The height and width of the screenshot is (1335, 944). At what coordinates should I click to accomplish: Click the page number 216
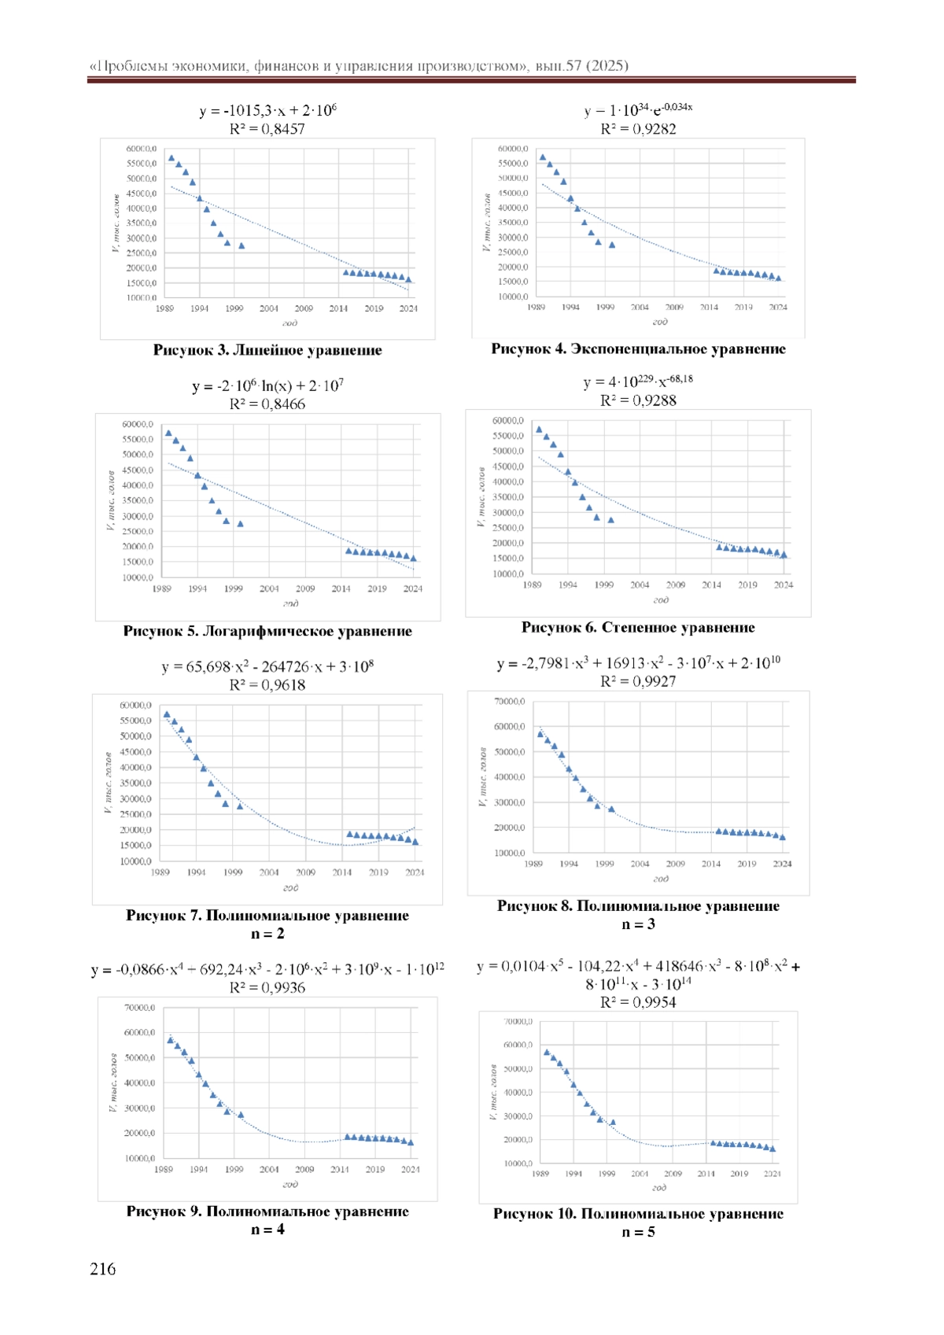click(103, 1268)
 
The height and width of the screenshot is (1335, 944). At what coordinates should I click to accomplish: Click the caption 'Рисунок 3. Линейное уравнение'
click(267, 350)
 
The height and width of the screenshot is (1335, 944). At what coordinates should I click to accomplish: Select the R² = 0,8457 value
click(267, 129)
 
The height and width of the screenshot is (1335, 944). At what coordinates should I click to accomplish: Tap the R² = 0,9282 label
click(638, 129)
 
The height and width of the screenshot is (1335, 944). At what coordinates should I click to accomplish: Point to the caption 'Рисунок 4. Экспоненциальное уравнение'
click(638, 349)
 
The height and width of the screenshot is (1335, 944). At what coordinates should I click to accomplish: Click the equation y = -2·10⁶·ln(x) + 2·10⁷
click(267, 386)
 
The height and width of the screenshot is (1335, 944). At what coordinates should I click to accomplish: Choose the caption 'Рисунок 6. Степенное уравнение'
click(638, 627)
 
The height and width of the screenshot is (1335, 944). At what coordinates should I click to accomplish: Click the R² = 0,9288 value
click(638, 400)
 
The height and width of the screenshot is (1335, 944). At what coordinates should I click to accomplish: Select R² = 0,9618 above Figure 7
click(267, 684)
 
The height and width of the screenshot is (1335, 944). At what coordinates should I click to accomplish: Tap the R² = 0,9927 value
click(638, 681)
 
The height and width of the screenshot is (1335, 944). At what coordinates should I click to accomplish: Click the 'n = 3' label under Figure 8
click(638, 924)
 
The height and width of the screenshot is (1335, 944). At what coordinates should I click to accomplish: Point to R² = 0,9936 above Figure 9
click(267, 987)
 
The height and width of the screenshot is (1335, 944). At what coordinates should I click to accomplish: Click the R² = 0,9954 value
click(638, 1002)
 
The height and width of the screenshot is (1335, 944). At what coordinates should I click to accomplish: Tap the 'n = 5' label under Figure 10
click(638, 1232)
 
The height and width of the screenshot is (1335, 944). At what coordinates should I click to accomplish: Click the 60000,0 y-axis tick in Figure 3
click(142, 149)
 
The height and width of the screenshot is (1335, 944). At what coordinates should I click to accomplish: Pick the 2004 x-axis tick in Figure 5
click(269, 588)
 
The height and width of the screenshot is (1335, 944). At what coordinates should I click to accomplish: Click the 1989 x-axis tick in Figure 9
click(164, 1169)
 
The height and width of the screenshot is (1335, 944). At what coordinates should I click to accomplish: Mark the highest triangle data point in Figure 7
click(167, 714)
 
